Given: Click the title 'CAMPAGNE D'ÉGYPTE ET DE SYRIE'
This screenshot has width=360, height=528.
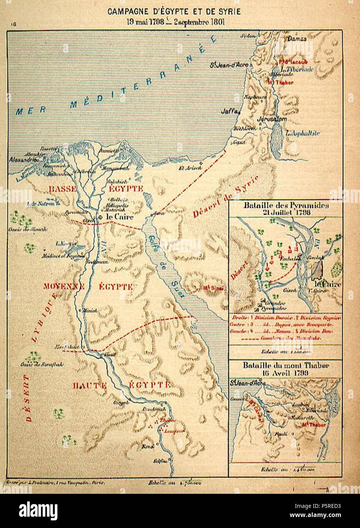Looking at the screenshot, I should [x=174, y=12].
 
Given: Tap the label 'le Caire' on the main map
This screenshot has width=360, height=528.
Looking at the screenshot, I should [x=120, y=217].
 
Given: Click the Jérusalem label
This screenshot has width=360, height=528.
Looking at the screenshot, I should [x=272, y=119].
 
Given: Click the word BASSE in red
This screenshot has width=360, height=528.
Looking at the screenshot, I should [x=62, y=189].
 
